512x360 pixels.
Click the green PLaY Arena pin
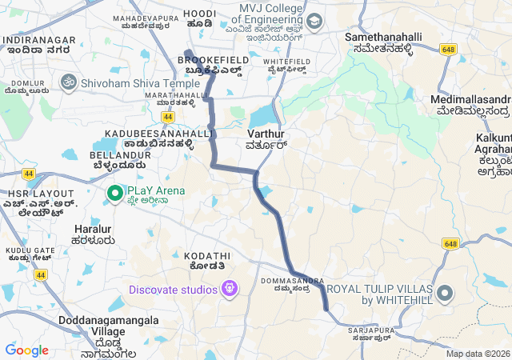pyautogui.click(x=114, y=192)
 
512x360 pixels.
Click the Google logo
pyautogui.click(x=26, y=350)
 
